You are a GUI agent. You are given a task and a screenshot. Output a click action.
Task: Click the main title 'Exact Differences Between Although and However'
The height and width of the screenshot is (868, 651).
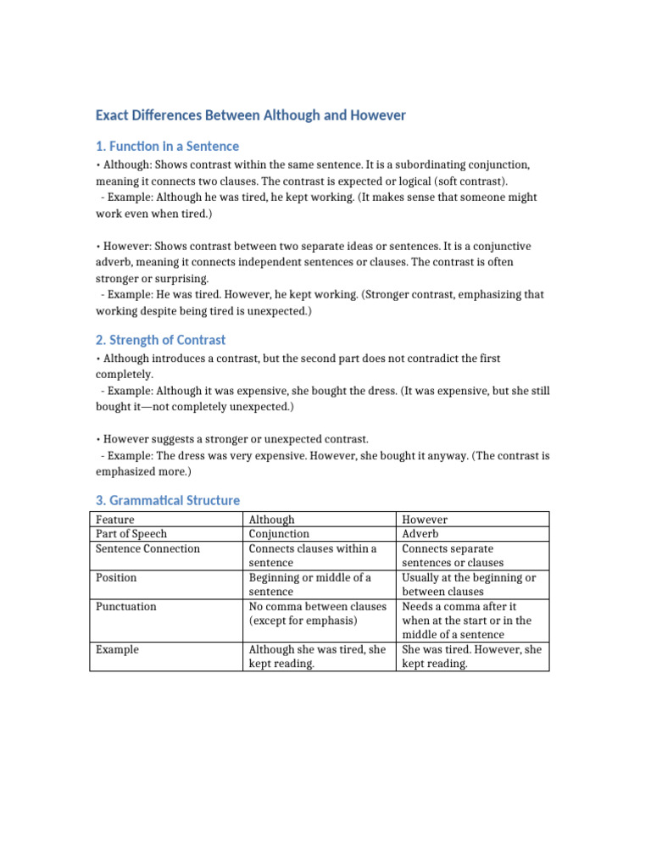pyautogui.click(x=251, y=115)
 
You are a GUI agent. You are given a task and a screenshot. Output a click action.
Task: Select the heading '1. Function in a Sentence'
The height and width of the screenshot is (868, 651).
pyautogui.click(x=167, y=147)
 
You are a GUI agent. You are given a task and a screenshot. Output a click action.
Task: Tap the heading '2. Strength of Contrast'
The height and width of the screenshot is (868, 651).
pyautogui.click(x=160, y=340)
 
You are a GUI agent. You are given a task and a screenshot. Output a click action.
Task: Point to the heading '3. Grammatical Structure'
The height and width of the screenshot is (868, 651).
pyautogui.click(x=167, y=501)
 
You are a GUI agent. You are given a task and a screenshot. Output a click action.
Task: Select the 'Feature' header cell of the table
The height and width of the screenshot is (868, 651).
pyautogui.click(x=115, y=520)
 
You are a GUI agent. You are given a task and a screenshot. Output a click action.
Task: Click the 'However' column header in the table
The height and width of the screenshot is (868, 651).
pyautogui.click(x=425, y=520)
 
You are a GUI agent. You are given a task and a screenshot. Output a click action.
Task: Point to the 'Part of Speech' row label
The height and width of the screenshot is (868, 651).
pyautogui.click(x=131, y=534)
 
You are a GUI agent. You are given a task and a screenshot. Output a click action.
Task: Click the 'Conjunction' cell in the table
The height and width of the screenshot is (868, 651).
pyautogui.click(x=279, y=534)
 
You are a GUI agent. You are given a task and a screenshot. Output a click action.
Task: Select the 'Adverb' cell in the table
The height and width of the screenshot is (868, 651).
pyautogui.click(x=420, y=534)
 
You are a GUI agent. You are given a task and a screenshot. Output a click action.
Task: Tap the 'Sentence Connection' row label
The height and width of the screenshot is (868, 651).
pyautogui.click(x=148, y=548)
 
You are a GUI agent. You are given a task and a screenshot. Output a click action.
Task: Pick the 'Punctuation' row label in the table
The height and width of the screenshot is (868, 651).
pyautogui.click(x=126, y=607)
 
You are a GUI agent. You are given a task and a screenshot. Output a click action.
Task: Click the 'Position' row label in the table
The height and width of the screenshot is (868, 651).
pyautogui.click(x=116, y=578)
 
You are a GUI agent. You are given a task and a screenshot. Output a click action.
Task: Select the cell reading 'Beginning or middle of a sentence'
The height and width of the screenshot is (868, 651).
pyautogui.click(x=309, y=585)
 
